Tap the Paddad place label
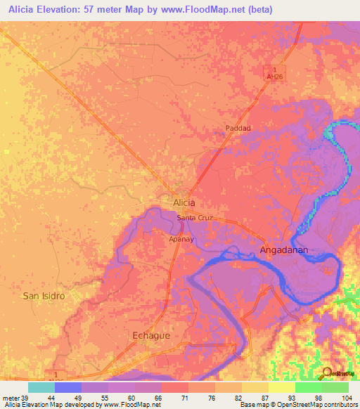point(238,128)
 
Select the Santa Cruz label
point(194,218)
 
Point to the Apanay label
point(181,239)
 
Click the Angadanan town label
point(284,249)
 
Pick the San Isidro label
point(44,296)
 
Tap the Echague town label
point(151,336)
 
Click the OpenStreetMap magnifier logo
point(327,373)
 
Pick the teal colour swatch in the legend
point(41,387)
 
